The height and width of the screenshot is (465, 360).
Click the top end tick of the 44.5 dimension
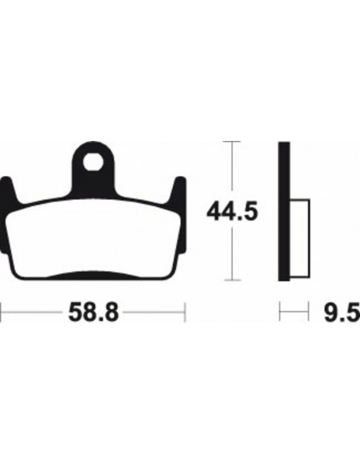(231, 142)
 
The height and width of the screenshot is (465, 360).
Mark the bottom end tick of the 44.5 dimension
(231, 279)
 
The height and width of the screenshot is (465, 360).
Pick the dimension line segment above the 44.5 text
(231, 171)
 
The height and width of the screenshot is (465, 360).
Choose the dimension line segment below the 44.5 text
(231, 255)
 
